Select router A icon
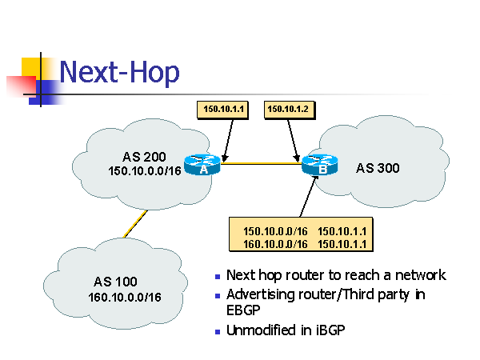tap(203, 164)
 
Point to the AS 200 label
tap(144, 156)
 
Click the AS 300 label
tap(378, 168)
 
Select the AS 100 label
tap(115, 282)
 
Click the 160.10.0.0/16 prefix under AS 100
tap(125, 298)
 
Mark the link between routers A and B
tap(264, 165)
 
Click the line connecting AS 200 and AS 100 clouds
tap(134, 225)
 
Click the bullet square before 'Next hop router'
tap(218, 277)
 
